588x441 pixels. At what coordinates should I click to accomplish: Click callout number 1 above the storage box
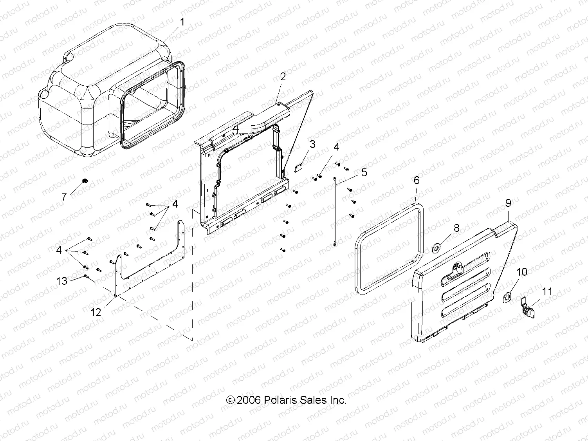point(182,22)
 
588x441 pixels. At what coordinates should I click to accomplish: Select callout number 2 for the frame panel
point(283,76)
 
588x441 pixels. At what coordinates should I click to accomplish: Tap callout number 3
point(312,144)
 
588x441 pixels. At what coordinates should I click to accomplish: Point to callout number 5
point(364,172)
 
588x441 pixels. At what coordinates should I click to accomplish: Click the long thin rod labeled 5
point(335,211)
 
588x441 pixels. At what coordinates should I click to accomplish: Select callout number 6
point(417,180)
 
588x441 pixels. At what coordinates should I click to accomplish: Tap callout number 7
point(64,197)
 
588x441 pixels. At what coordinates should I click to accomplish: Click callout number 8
point(456,228)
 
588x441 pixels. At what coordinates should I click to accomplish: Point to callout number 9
point(508,203)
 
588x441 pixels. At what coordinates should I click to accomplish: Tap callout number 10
point(522,272)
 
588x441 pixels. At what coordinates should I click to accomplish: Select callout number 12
point(96,312)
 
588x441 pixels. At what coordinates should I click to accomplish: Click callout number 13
point(62,281)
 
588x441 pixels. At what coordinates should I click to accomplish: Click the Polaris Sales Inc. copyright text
point(287,400)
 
